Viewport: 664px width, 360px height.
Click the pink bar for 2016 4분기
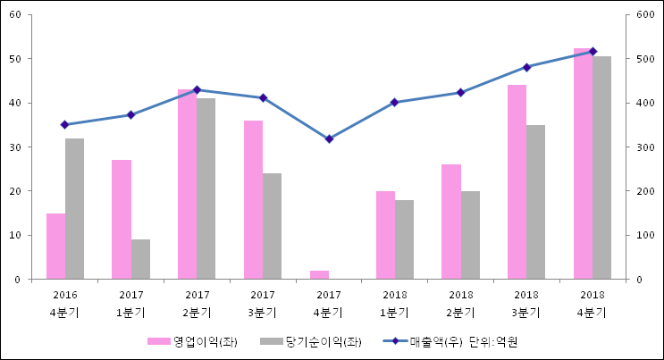pyautogui.click(x=55, y=247)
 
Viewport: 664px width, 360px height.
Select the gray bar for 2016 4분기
pyautogui.click(x=74, y=209)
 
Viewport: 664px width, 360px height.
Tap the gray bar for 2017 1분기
pyautogui.click(x=140, y=259)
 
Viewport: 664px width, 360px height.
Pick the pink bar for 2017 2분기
pyautogui.click(x=187, y=184)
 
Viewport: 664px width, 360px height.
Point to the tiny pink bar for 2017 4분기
pyautogui.click(x=319, y=275)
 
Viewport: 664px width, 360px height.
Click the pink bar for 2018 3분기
pyautogui.click(x=517, y=182)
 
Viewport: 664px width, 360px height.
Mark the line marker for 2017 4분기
pyautogui.click(x=329, y=138)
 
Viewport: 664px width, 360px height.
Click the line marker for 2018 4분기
pyautogui.click(x=593, y=51)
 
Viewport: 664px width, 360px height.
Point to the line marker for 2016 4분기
pyautogui.click(x=64, y=124)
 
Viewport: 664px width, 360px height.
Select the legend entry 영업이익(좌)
pyautogui.click(x=191, y=341)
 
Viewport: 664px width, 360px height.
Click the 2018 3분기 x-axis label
pyautogui.click(x=526, y=304)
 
